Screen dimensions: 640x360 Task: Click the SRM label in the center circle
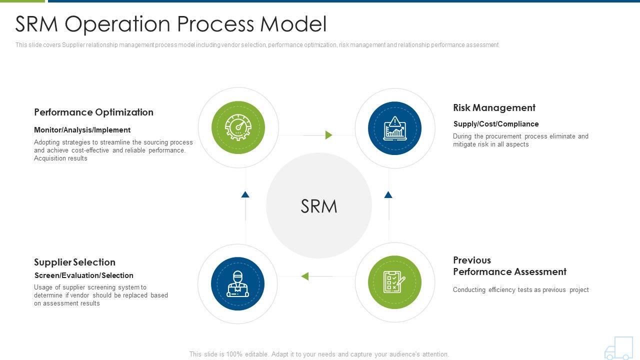pos(319,206)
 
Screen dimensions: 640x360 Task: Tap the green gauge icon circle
pos(238,127)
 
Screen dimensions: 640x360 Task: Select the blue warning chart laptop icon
pos(394,128)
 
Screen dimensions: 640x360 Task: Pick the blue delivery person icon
pos(237,283)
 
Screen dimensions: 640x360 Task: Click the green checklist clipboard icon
pos(394,282)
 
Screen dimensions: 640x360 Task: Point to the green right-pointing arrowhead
pos(329,135)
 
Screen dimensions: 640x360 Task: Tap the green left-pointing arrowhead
pos(305,276)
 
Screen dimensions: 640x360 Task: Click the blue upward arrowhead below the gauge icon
pos(245,194)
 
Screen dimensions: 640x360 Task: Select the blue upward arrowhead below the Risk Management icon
pos(388,194)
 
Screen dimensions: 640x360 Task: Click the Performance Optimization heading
pos(93,112)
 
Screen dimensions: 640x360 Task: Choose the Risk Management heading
pos(494,107)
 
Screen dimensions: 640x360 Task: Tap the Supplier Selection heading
pos(75,262)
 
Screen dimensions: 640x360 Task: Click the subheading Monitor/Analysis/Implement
pos(82,130)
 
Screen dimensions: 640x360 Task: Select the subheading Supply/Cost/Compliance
pos(496,124)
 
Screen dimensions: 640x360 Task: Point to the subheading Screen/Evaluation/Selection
pos(83,275)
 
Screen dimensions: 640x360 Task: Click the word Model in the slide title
pos(293,23)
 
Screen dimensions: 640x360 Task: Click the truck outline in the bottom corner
pos(618,348)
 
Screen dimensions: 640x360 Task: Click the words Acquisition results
pos(60,158)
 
